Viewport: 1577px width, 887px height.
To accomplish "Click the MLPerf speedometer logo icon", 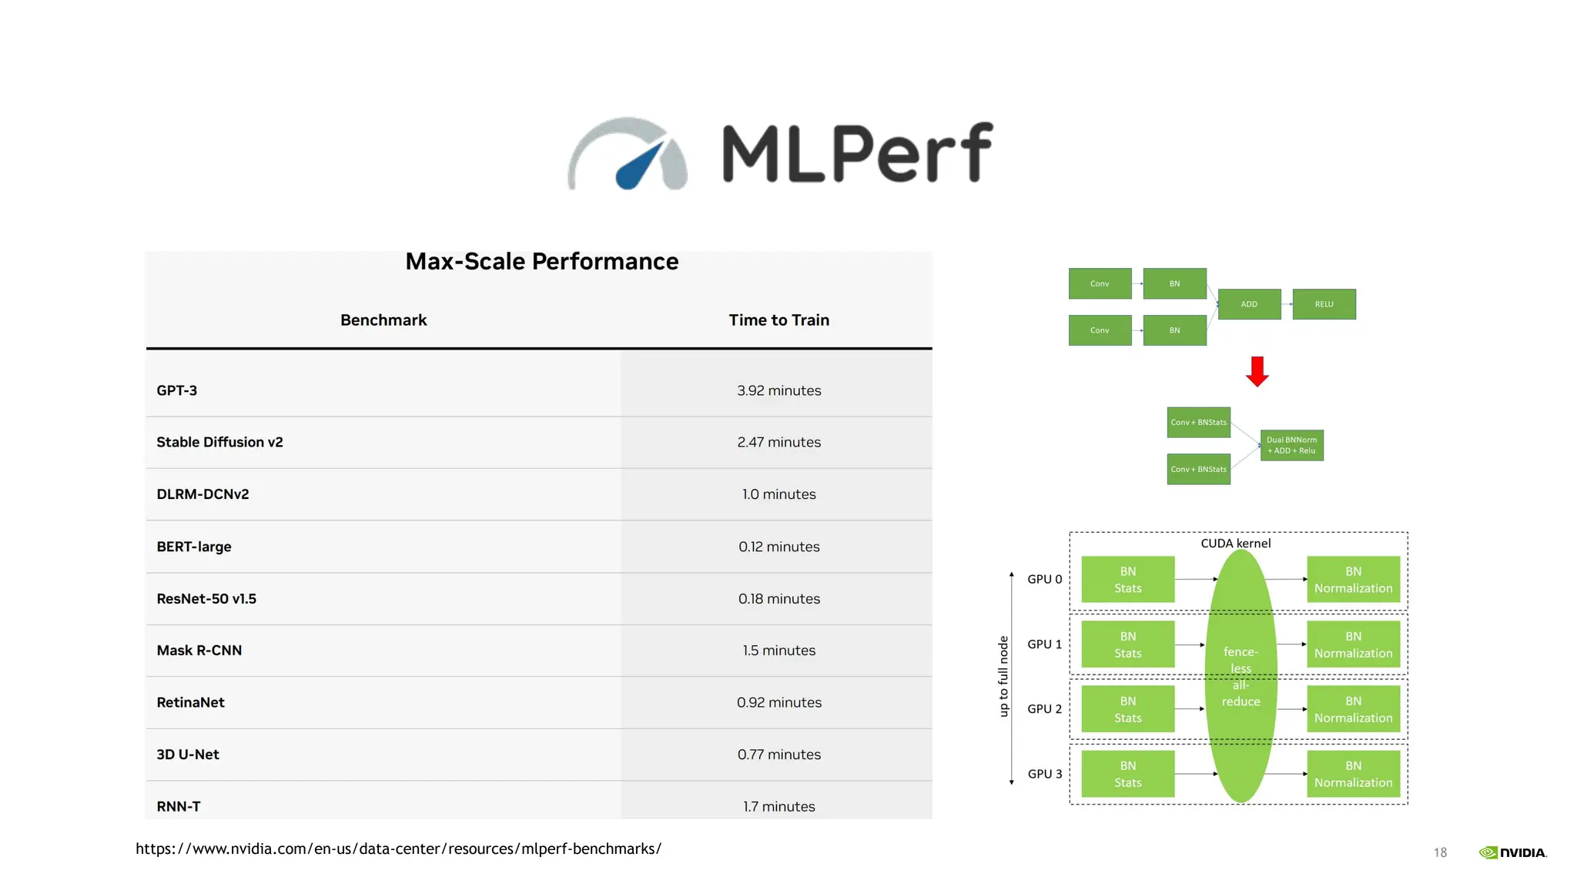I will (628, 154).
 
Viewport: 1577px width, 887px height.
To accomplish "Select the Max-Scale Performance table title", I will (542, 262).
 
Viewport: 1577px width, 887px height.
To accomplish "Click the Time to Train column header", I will (778, 320).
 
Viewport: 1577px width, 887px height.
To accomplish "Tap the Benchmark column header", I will (383, 320).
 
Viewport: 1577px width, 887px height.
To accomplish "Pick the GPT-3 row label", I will (177, 390).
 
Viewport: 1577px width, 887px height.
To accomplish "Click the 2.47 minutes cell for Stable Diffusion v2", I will (778, 442).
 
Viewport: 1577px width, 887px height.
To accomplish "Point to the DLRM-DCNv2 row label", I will (203, 494).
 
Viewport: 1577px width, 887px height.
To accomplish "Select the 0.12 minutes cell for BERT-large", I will (778, 547).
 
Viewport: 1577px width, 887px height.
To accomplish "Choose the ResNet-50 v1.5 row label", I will (206, 598).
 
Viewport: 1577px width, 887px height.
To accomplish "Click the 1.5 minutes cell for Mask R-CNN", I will (778, 651).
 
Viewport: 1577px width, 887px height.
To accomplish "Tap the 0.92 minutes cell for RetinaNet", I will (778, 702).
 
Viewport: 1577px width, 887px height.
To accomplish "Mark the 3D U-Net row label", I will (188, 755).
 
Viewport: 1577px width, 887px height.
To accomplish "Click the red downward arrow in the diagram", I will (1257, 371).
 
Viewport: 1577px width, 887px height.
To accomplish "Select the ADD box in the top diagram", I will (1249, 304).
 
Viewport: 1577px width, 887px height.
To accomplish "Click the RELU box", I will (1324, 304).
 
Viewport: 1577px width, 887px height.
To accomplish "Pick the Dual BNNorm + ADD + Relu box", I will (1291, 445).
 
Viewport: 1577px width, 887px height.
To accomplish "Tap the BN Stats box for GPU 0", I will (1127, 579).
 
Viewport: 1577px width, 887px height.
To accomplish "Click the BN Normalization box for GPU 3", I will (1353, 774).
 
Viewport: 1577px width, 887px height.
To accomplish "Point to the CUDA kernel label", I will (1235, 544).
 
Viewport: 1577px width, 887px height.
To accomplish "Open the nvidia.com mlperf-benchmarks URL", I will (398, 849).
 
